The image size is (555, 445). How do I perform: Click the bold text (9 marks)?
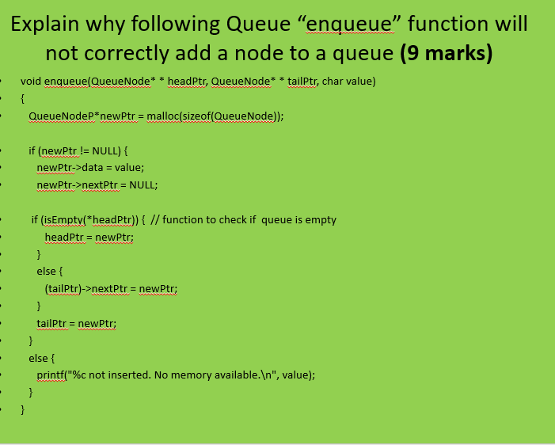(446, 54)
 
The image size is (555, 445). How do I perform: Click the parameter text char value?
(348, 82)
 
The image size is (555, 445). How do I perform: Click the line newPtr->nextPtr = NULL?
(97, 184)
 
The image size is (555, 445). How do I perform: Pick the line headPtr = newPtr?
(89, 237)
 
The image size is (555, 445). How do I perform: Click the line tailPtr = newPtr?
(77, 323)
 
